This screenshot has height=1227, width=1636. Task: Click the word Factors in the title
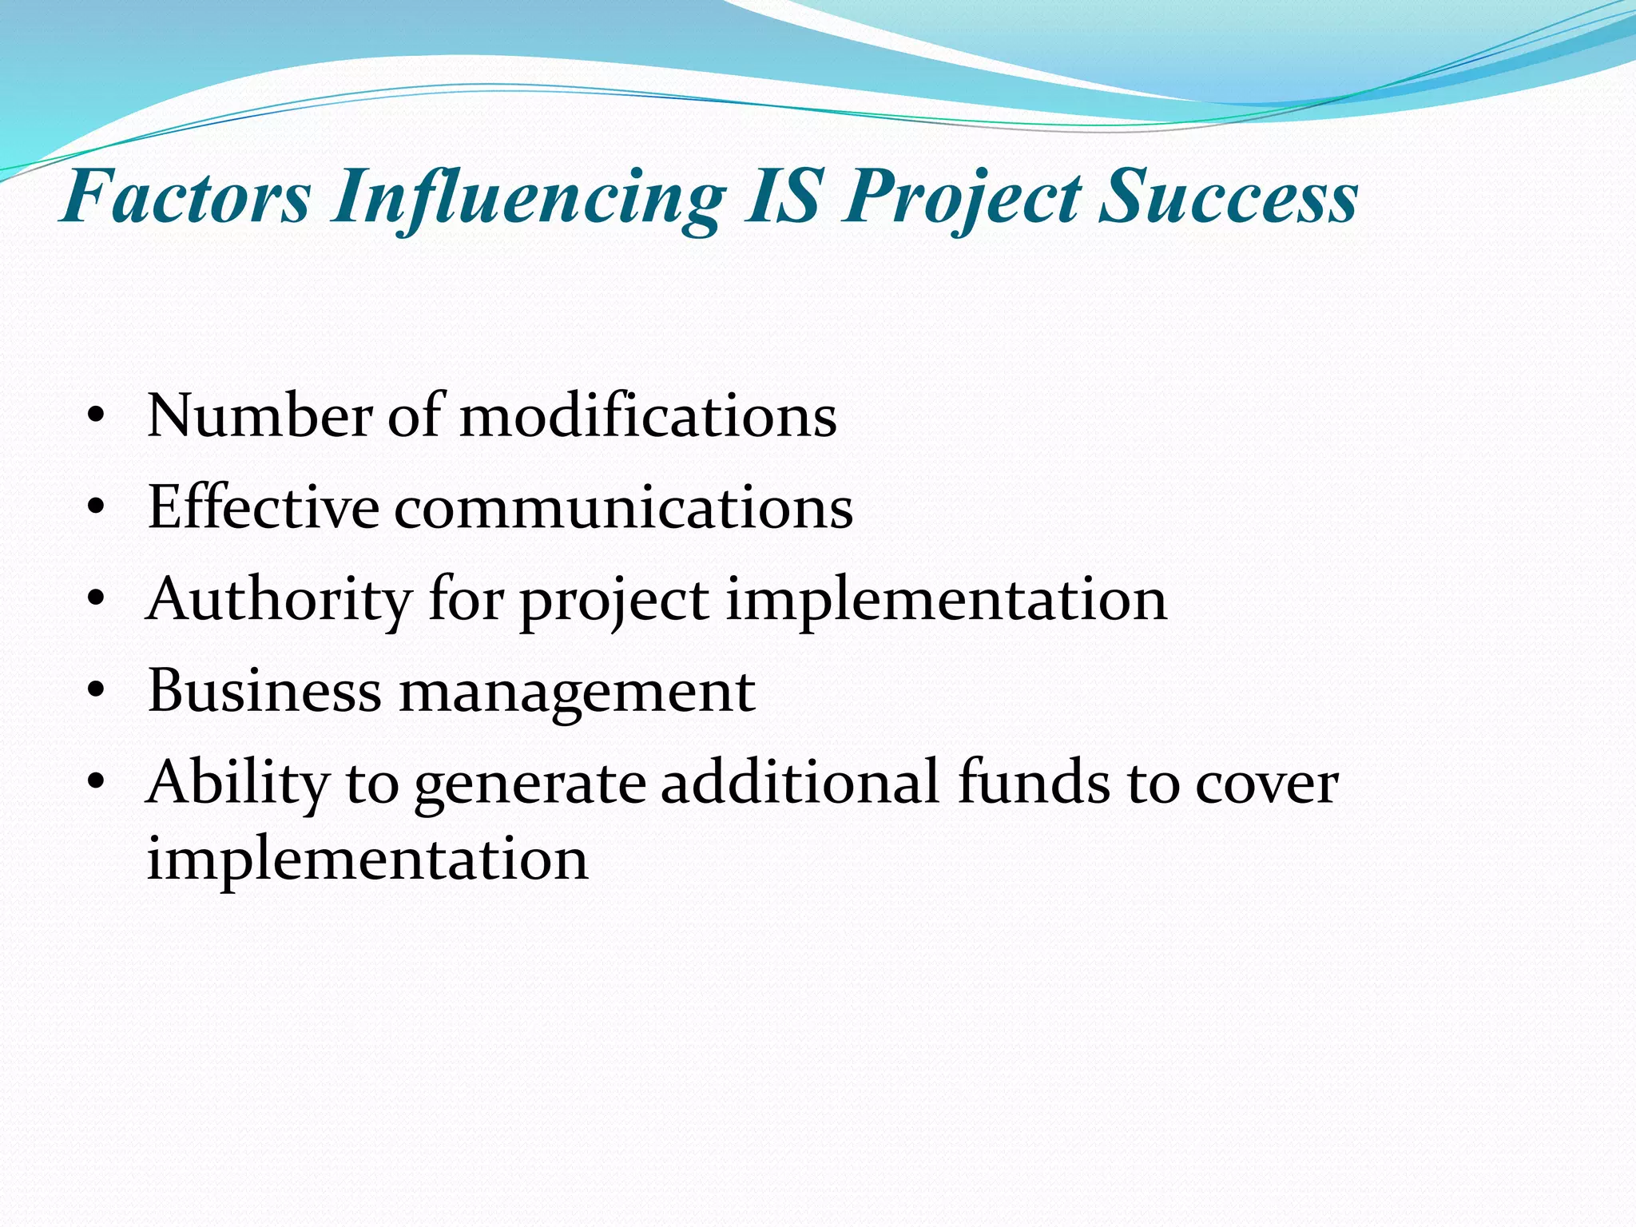(x=185, y=197)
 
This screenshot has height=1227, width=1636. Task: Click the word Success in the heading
(x=1228, y=197)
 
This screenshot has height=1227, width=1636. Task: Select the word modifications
(x=648, y=416)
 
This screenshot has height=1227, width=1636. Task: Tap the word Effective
(x=263, y=508)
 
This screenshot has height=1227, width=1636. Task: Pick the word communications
(x=623, y=508)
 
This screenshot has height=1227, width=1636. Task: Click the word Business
(x=264, y=690)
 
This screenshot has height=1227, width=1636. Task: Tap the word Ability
(x=237, y=783)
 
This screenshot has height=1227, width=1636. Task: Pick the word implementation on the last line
(x=367, y=860)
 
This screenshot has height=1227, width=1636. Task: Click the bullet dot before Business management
(x=97, y=691)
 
